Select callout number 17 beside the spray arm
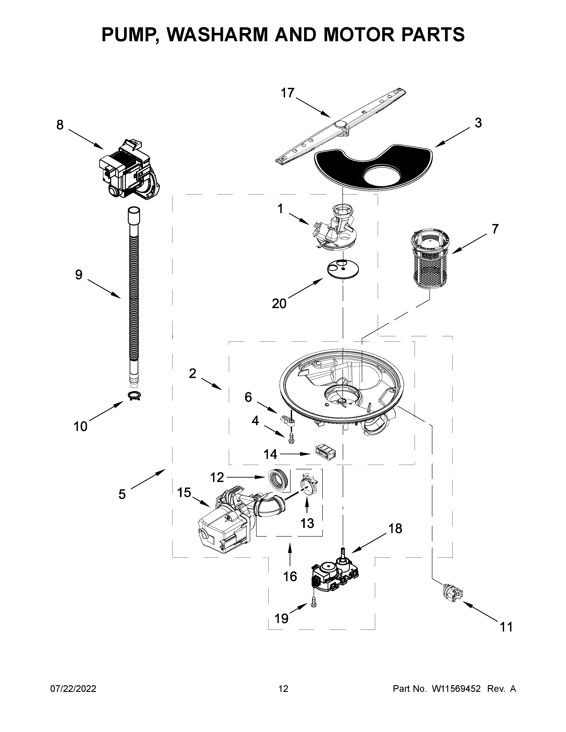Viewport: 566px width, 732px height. click(x=287, y=93)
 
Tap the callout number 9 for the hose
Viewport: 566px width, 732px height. click(x=78, y=275)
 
